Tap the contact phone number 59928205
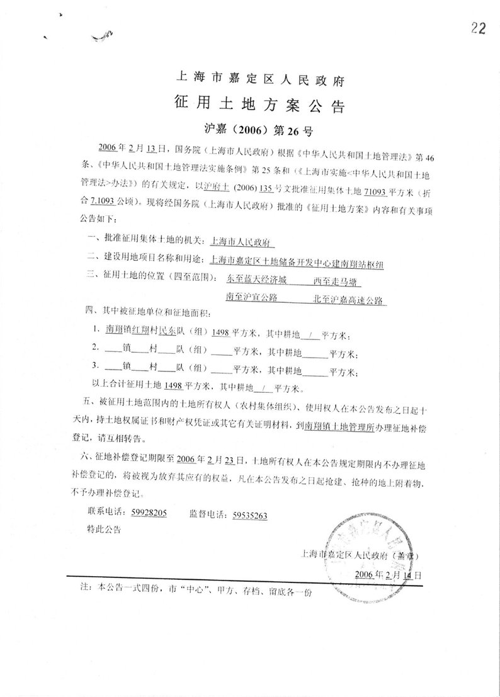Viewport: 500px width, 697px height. click(x=149, y=513)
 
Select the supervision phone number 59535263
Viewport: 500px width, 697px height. click(x=250, y=514)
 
